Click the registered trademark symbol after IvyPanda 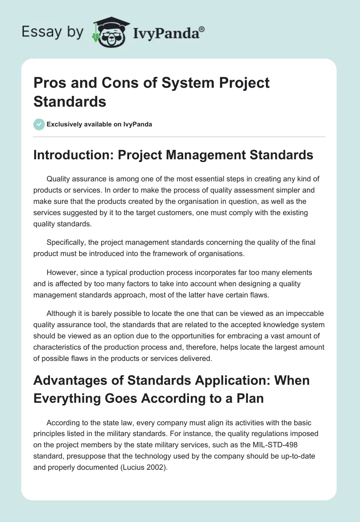(x=202, y=30)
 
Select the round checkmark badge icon (x=39, y=124)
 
